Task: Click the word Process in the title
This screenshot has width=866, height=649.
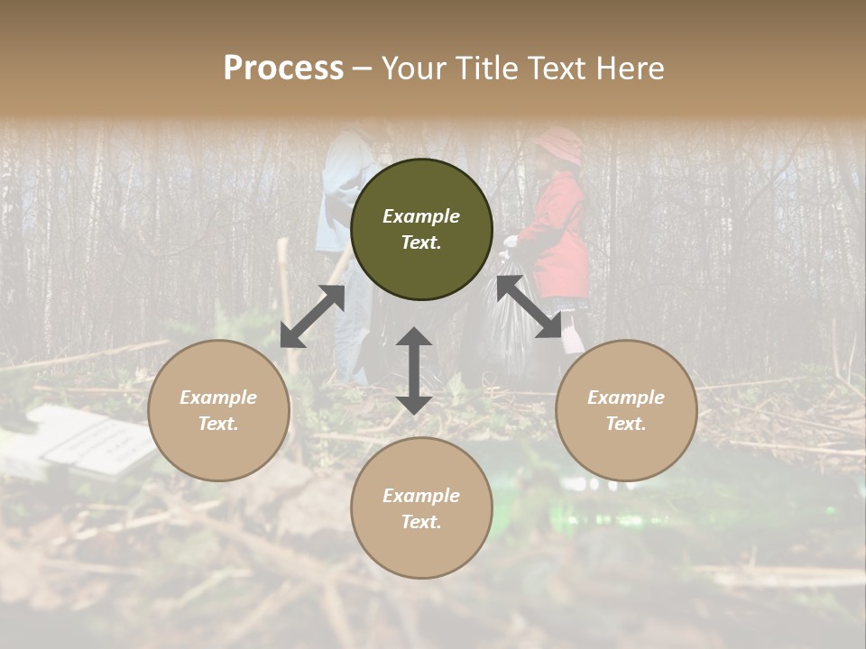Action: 283,69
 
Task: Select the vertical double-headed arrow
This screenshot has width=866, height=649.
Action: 414,370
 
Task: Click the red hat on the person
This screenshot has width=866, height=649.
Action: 559,144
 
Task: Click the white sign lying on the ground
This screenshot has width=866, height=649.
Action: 90,442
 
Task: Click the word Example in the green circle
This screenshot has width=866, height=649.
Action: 421,216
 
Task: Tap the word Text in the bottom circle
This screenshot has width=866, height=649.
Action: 421,522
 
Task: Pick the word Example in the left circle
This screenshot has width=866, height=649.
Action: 218,398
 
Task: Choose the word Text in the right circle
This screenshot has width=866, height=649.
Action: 626,424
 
